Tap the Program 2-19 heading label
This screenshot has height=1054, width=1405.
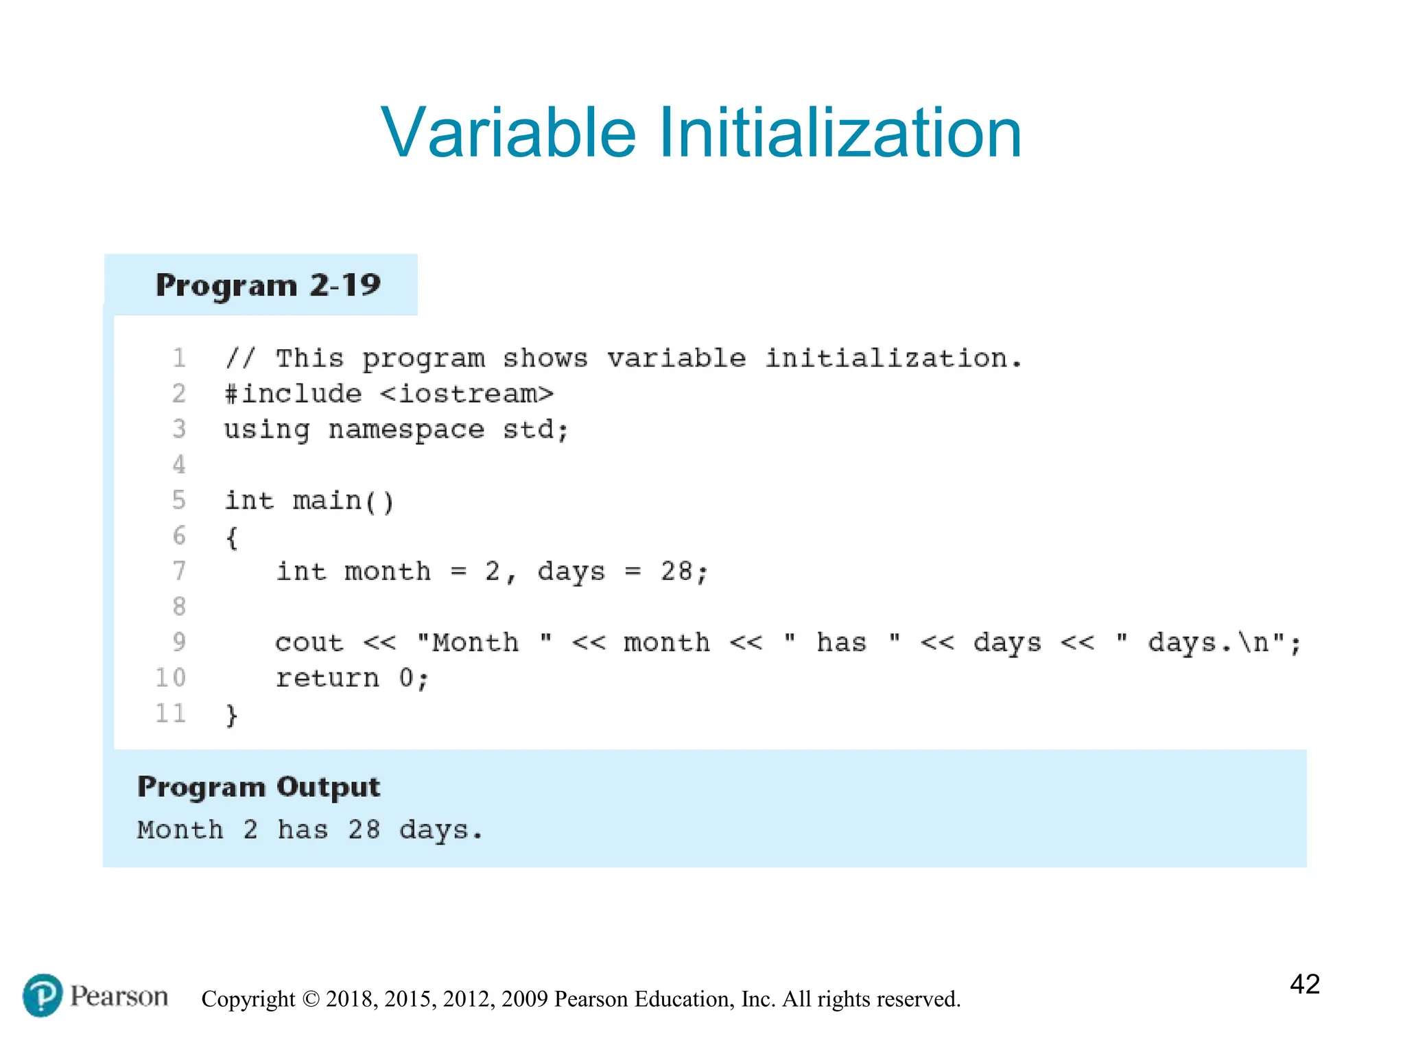(268, 285)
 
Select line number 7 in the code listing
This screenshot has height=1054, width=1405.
(179, 571)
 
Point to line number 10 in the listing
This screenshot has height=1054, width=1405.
(171, 678)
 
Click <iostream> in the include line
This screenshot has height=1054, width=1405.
(467, 394)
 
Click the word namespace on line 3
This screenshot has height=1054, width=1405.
(406, 430)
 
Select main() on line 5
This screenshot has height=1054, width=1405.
(344, 501)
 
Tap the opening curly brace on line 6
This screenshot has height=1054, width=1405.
(232, 537)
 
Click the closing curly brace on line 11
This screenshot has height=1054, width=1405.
(232, 715)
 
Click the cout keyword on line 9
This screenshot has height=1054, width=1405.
(309, 643)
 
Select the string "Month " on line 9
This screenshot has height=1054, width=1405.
(484, 642)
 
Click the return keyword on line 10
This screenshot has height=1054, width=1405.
(327, 679)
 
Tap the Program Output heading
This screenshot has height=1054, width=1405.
(259, 787)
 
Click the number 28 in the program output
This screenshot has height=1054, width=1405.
(364, 830)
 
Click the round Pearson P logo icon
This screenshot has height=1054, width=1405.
(43, 996)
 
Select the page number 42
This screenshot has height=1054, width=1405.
(1304, 984)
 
